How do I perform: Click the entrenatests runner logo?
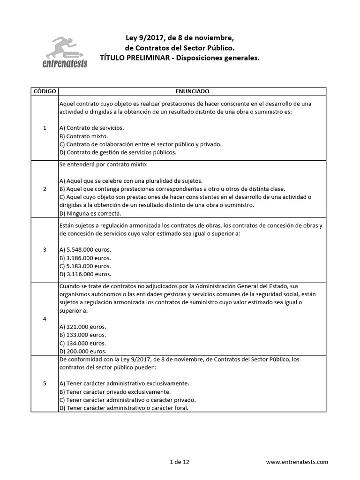click(x=69, y=52)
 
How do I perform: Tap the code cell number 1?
click(x=45, y=127)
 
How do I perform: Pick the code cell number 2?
click(x=45, y=189)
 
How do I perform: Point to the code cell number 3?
click(x=45, y=249)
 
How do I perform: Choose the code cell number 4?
click(x=45, y=319)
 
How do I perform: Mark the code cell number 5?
click(x=45, y=383)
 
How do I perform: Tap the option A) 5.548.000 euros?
click(x=85, y=249)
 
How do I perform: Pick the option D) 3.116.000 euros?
click(x=85, y=274)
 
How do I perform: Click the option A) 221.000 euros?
click(x=83, y=327)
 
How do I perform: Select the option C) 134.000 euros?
click(x=83, y=343)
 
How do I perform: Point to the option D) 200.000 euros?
click(x=83, y=351)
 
